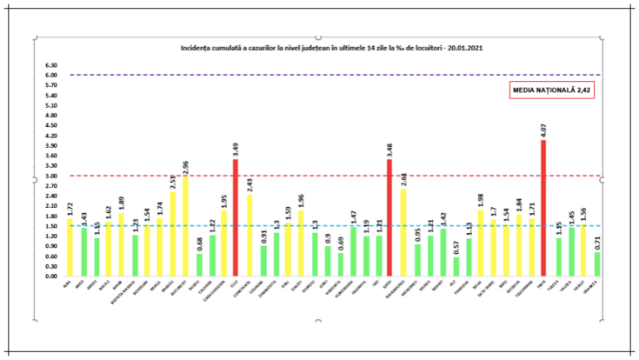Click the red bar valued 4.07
[x=544, y=209]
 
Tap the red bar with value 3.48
[x=389, y=217]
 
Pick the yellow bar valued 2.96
[x=185, y=226]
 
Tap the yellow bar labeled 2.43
[x=250, y=235]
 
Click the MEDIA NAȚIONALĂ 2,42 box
[x=551, y=90]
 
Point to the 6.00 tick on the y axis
[x=51, y=75]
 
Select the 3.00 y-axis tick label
[x=51, y=176]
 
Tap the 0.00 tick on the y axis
[x=51, y=277]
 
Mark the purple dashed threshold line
[x=348, y=75]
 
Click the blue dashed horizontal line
[x=348, y=226]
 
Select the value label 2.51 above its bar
[x=171, y=183]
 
